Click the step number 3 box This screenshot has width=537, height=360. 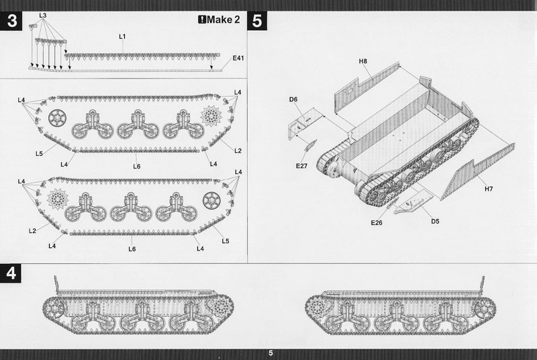point(11,21)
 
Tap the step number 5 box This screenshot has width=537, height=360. point(257,21)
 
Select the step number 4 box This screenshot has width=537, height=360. point(11,273)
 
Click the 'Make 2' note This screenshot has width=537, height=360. point(219,19)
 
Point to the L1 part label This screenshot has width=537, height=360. point(122,36)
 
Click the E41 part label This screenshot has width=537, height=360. point(238,58)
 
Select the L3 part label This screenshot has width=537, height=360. point(43,15)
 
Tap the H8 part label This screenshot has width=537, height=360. point(363,61)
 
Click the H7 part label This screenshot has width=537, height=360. point(489,189)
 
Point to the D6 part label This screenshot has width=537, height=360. point(293,99)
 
